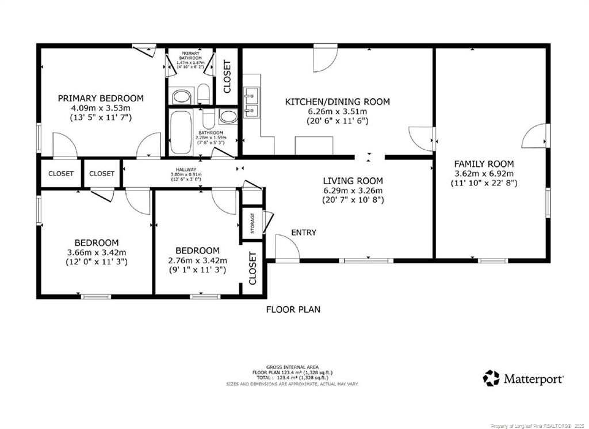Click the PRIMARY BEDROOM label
(x=101, y=98)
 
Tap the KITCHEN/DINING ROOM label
(x=338, y=102)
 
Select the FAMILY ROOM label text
(x=484, y=164)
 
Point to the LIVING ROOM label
(x=353, y=180)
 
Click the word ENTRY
(x=303, y=233)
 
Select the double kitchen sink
(x=251, y=102)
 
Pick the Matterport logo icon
(x=491, y=378)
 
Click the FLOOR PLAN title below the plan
(x=293, y=309)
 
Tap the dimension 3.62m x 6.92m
(x=484, y=174)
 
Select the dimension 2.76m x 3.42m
(x=197, y=260)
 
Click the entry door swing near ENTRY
(x=287, y=248)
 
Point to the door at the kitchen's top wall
(x=325, y=59)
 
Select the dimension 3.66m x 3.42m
(x=97, y=252)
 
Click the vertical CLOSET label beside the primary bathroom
(x=227, y=77)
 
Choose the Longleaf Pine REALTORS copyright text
(x=538, y=426)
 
